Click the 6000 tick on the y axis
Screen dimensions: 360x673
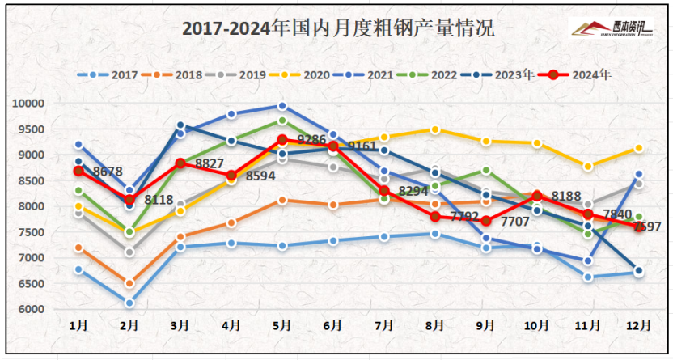(30, 310)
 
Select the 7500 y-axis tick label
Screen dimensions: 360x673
(30, 232)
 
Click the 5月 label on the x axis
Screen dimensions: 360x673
(281, 325)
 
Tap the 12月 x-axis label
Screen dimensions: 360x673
(638, 325)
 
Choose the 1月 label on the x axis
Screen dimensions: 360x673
(78, 325)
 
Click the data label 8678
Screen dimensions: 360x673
(108, 172)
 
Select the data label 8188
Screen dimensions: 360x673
(567, 196)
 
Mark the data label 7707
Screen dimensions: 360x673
(516, 221)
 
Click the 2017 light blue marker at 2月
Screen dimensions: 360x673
(129, 303)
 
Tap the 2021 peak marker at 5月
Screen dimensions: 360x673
(282, 106)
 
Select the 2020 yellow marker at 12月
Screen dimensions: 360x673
(638, 148)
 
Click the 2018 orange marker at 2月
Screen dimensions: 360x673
(129, 283)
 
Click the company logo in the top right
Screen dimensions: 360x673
(612, 29)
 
